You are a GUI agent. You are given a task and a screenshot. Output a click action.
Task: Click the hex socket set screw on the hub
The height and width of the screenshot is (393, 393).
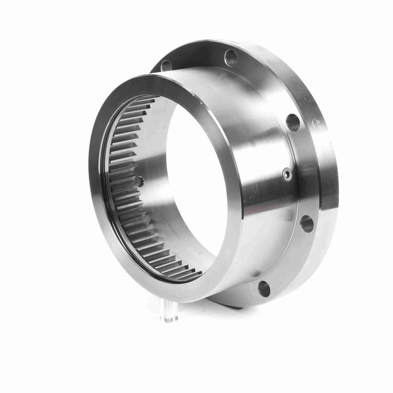point(286,174)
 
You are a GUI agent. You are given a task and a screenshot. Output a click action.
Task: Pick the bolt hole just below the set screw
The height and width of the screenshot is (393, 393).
point(306,224)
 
